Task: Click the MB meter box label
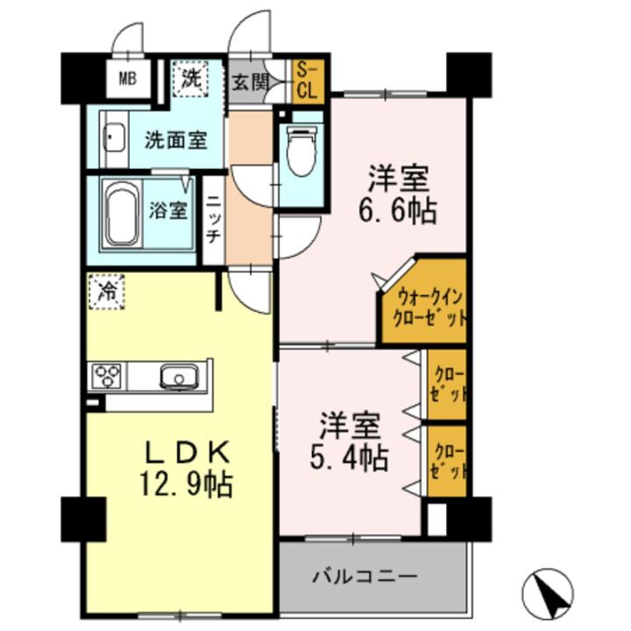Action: pyautogui.click(x=127, y=79)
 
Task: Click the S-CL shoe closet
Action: pyautogui.click(x=308, y=80)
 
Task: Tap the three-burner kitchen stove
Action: pyautogui.click(x=107, y=377)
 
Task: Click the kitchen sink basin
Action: pyautogui.click(x=178, y=378)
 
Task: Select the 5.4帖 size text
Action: pyautogui.click(x=355, y=457)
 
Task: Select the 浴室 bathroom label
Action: pyautogui.click(x=167, y=210)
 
